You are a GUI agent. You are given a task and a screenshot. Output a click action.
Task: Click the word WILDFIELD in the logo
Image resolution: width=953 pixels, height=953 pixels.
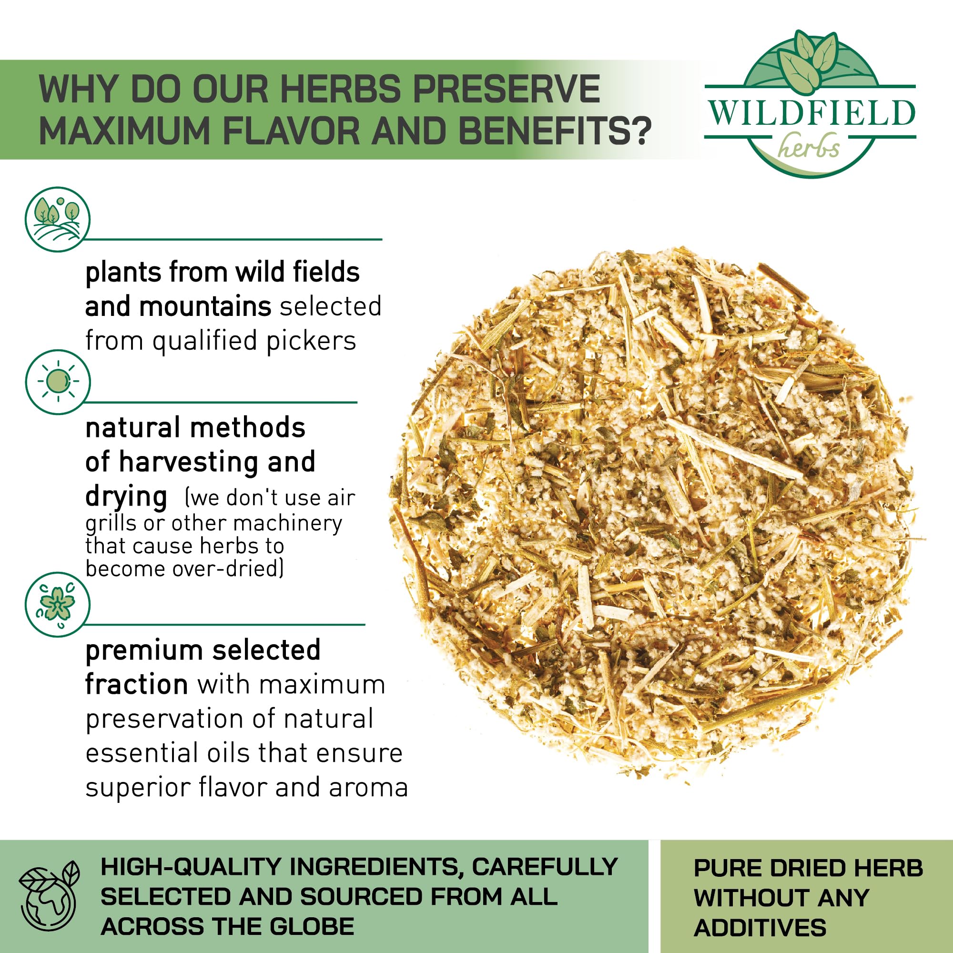point(811,113)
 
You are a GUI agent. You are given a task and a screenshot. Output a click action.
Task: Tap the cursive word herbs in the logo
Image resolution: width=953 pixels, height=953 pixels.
point(809,146)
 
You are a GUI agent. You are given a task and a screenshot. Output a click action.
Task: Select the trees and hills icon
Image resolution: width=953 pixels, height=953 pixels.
point(58,219)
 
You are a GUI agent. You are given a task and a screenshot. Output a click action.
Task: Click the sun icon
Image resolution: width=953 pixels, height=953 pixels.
point(58,382)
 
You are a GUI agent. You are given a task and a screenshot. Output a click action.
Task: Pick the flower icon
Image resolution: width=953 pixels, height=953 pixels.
point(58,604)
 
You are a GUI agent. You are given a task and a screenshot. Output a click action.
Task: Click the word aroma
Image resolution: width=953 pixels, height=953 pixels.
point(368,788)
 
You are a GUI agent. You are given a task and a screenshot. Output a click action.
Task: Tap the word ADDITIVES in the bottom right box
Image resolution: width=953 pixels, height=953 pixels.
point(760,928)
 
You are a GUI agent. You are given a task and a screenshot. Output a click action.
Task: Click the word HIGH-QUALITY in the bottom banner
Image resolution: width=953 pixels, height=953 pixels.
point(191,867)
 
